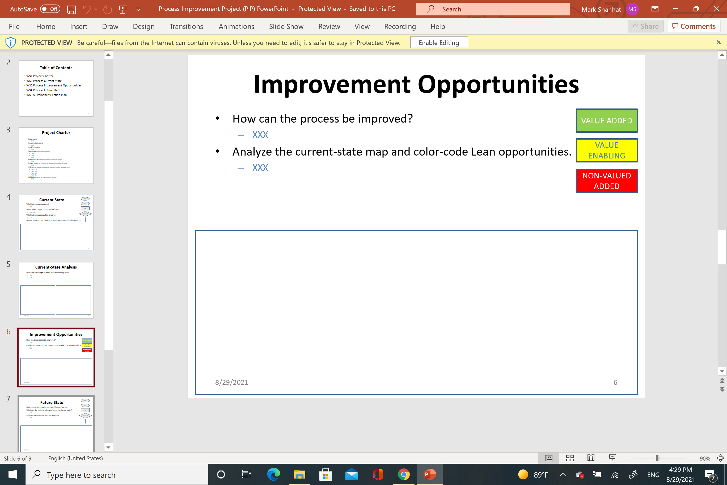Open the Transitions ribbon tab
click(x=186, y=27)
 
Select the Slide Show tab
click(x=286, y=27)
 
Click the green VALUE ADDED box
click(x=606, y=121)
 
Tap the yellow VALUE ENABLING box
click(x=606, y=150)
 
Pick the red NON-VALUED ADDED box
click(x=606, y=181)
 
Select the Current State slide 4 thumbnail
click(x=56, y=223)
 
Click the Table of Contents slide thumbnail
click(x=56, y=89)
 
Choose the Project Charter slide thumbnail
click(x=56, y=156)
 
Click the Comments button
click(x=694, y=26)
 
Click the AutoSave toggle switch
click(x=50, y=9)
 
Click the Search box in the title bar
click(x=493, y=9)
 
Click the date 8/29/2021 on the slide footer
click(x=231, y=382)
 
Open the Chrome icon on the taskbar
click(x=403, y=474)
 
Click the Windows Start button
click(x=13, y=474)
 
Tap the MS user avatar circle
click(x=632, y=9)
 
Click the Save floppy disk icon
click(x=71, y=9)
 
